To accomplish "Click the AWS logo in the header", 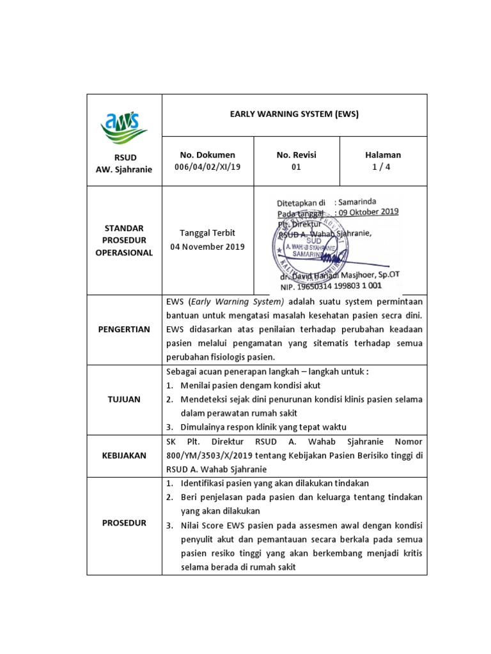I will tap(124, 125).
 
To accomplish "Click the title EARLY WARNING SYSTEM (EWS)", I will tap(294, 114).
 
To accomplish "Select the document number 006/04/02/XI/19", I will tap(208, 167).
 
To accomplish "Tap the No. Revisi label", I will tap(296, 155).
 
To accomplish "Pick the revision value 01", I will tap(296, 167).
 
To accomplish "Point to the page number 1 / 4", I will tap(382, 167).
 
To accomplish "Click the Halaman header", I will tap(382, 155).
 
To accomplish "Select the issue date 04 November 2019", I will tap(207, 247).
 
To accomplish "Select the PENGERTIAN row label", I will tap(124, 329).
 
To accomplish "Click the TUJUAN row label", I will tap(124, 399).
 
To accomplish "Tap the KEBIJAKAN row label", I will tap(124, 455).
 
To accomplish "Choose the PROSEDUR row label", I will tap(124, 522).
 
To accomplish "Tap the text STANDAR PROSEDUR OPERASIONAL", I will tap(124, 240).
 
